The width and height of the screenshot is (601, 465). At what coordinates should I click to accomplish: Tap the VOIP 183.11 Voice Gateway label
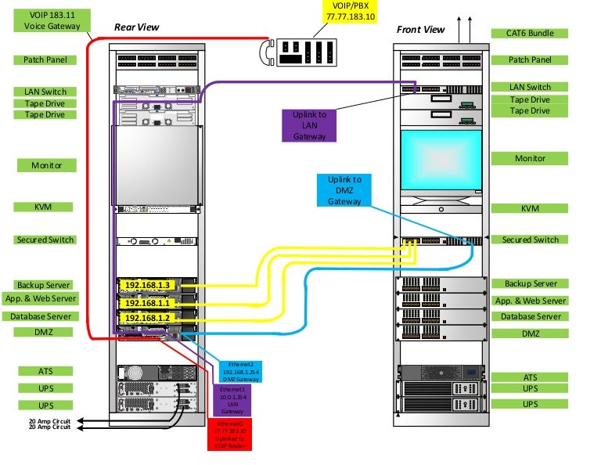[x=47, y=20]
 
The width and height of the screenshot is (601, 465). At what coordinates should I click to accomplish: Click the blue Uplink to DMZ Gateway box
[x=344, y=190]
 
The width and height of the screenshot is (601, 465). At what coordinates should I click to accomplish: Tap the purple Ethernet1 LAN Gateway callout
[x=232, y=401]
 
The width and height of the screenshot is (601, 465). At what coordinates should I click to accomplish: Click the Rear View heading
[x=136, y=27]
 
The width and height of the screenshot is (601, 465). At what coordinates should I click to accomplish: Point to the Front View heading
[x=420, y=30]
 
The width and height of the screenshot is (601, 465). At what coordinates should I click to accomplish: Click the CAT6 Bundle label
[x=529, y=34]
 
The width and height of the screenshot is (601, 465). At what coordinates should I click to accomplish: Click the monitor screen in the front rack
[x=441, y=161]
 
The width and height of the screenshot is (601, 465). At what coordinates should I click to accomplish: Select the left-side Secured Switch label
[x=45, y=240]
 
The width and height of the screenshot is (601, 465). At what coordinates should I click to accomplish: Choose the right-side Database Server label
[x=530, y=316]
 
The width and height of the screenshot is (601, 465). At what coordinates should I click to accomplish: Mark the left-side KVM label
[x=45, y=207]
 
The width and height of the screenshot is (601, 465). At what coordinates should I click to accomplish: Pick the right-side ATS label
[x=530, y=377]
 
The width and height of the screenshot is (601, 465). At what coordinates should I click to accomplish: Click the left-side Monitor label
[x=46, y=165]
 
